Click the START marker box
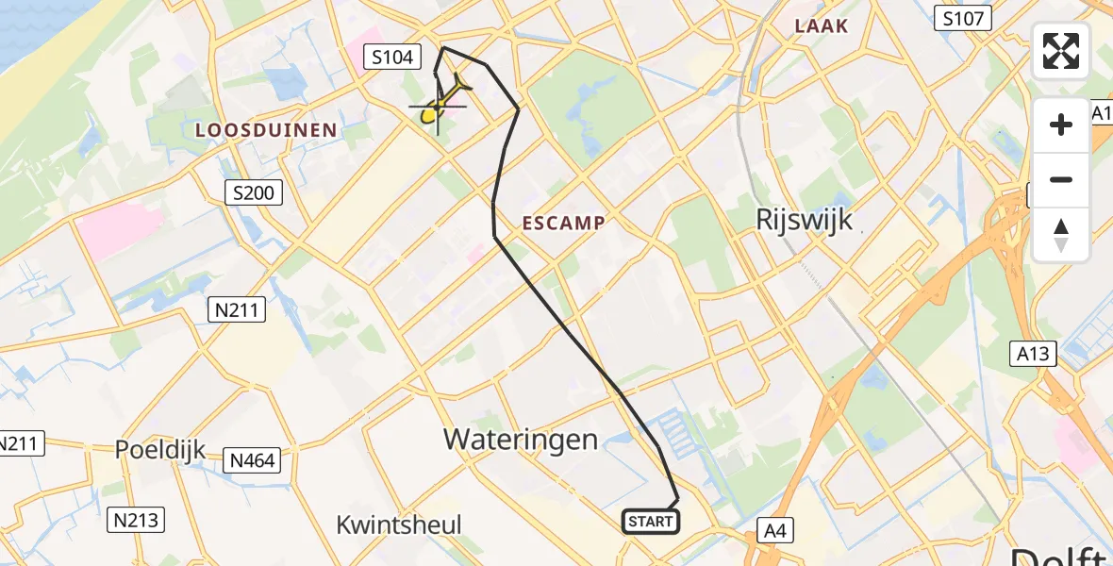tap(650, 521)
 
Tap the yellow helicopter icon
tap(442, 101)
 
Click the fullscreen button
tap(1061, 51)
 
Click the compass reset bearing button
tap(1061, 235)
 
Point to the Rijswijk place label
tap(805, 220)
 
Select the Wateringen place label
tap(521, 439)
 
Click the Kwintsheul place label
tap(399, 524)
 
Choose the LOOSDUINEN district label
tap(266, 130)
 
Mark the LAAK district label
tap(822, 26)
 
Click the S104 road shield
tap(391, 58)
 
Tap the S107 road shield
tap(963, 17)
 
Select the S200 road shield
tap(255, 193)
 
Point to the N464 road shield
tap(253, 460)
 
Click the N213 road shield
tap(137, 519)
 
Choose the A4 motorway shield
tap(774, 531)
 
